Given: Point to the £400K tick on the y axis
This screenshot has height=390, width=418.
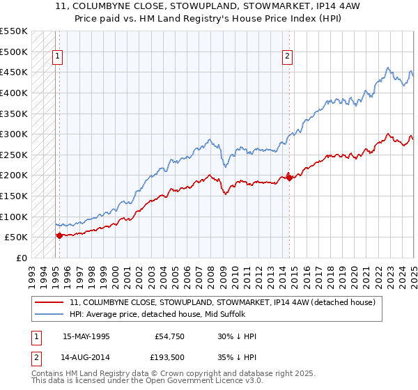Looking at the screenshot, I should [x=14, y=93].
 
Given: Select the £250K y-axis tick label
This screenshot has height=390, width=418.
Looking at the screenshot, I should [x=14, y=155].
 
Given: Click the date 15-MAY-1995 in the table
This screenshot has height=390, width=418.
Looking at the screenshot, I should [x=86, y=336].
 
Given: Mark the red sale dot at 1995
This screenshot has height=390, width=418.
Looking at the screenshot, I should [x=59, y=235].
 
